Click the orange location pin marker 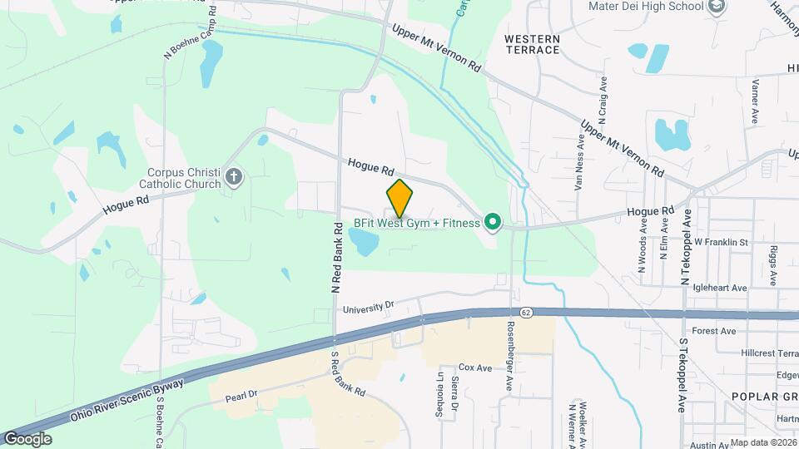coord(400,199)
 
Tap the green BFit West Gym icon coord(492,222)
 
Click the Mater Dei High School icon coord(717,7)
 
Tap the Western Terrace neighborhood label coord(532,44)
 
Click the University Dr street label coord(368,306)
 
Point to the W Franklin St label coord(722,242)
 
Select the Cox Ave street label coord(475,368)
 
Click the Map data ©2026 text coord(762,442)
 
